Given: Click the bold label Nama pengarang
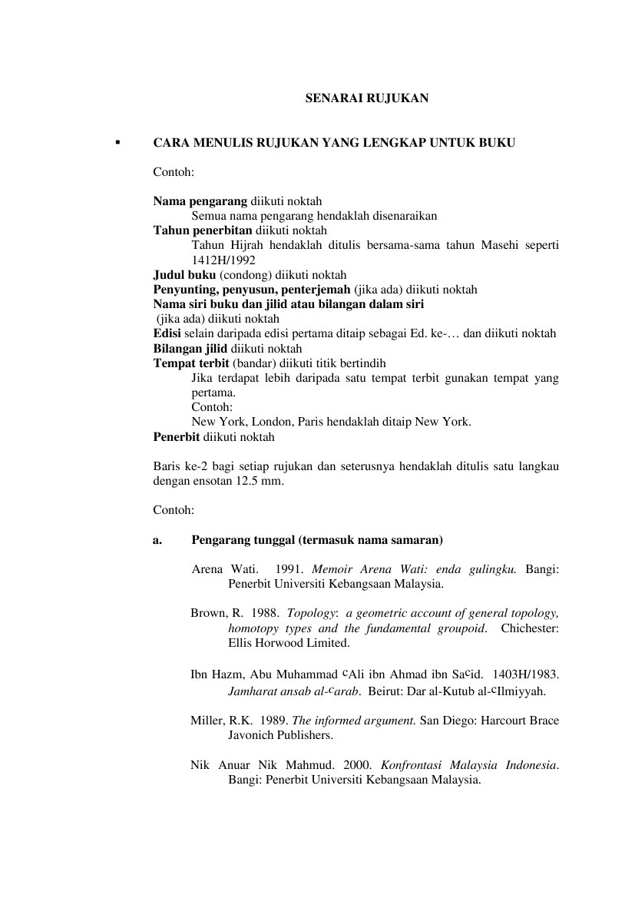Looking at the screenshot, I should point(200,201).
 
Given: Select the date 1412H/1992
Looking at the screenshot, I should point(223,260).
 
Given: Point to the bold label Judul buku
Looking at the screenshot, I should point(185,274).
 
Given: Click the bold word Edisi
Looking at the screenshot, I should point(167,333).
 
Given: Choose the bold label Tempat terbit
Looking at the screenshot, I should point(191,363).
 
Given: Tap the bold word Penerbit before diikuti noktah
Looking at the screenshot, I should point(177,436).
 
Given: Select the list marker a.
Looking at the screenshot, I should point(157,540).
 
